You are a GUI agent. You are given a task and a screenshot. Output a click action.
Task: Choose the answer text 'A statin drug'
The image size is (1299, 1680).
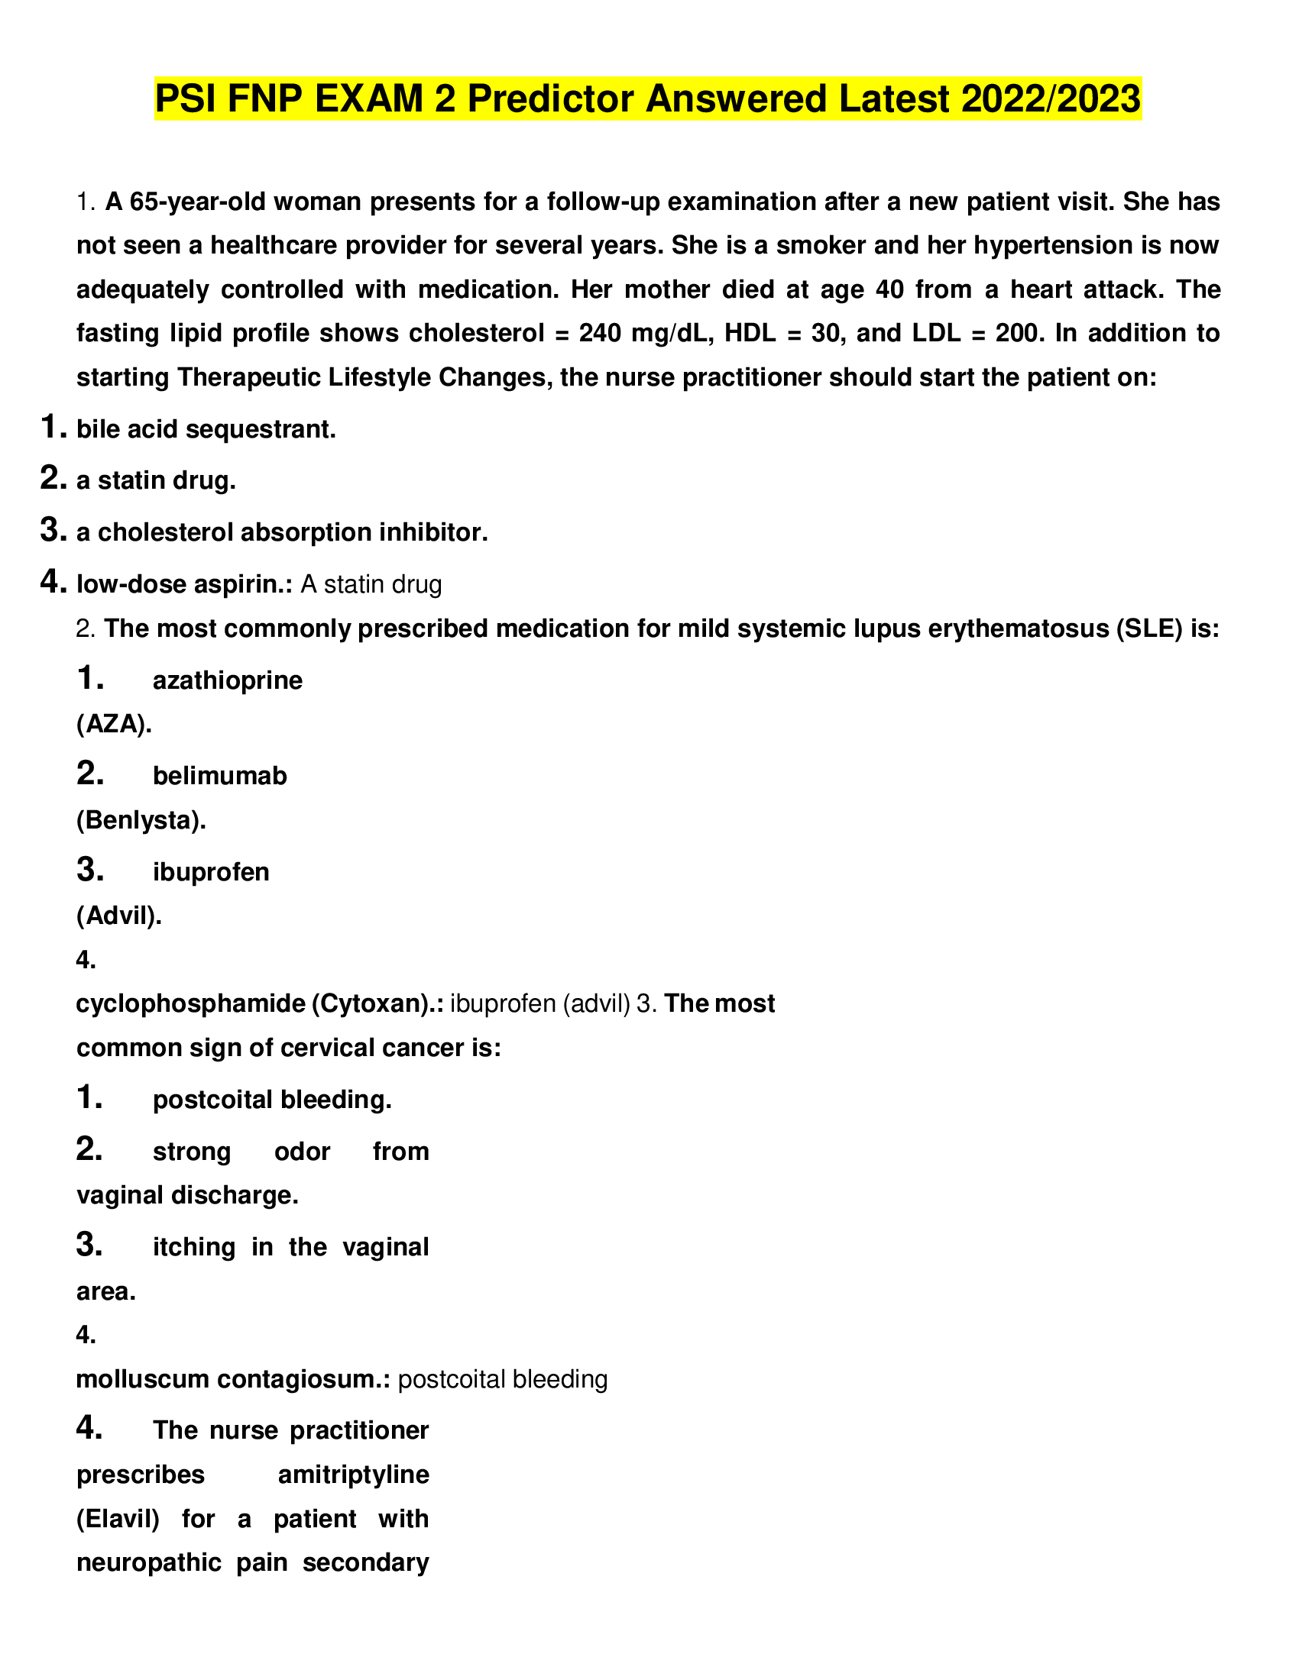click(371, 585)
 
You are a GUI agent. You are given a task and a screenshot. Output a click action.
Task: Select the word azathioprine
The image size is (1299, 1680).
click(228, 680)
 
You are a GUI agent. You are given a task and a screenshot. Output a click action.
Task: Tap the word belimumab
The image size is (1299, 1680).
click(220, 776)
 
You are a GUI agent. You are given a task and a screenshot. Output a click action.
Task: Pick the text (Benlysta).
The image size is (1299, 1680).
click(141, 820)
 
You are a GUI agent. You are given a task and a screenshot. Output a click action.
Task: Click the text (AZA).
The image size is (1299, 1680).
click(114, 724)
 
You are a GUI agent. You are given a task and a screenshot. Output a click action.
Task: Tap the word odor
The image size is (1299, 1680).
click(303, 1152)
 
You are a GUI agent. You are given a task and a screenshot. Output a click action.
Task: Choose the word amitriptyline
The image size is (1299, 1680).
click(353, 1475)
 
